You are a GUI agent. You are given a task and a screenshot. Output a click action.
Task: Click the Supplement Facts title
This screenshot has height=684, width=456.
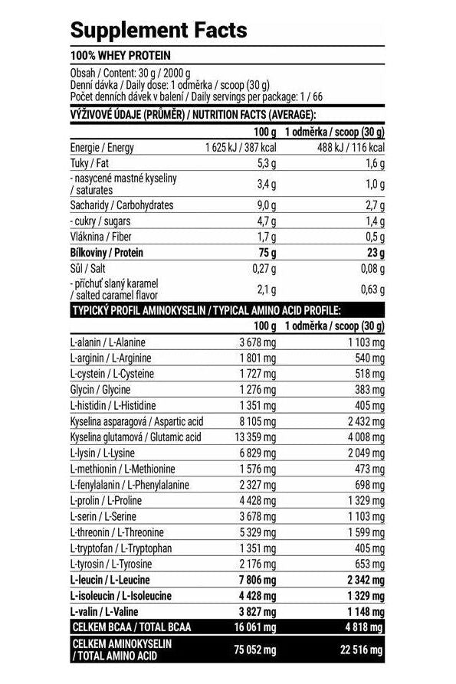click(x=159, y=30)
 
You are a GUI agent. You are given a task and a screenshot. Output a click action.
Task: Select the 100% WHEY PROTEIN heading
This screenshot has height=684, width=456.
click(x=120, y=56)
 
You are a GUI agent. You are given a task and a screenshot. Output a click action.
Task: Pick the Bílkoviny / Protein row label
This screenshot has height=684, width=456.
click(x=107, y=252)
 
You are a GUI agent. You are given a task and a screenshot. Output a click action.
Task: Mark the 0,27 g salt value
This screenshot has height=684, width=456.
click(x=262, y=268)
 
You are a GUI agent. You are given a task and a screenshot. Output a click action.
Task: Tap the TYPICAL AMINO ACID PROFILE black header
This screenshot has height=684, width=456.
click(x=206, y=309)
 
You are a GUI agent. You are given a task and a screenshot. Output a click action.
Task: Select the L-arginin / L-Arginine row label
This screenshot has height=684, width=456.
click(x=110, y=358)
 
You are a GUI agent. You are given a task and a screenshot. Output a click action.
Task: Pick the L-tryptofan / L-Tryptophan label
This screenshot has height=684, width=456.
click(x=120, y=548)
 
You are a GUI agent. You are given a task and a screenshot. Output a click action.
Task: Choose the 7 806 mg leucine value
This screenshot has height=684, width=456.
click(x=255, y=580)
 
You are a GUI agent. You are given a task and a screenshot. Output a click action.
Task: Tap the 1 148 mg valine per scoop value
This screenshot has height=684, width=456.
click(x=366, y=611)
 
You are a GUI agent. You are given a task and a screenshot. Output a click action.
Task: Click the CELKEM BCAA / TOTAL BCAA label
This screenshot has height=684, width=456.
click(x=130, y=627)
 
